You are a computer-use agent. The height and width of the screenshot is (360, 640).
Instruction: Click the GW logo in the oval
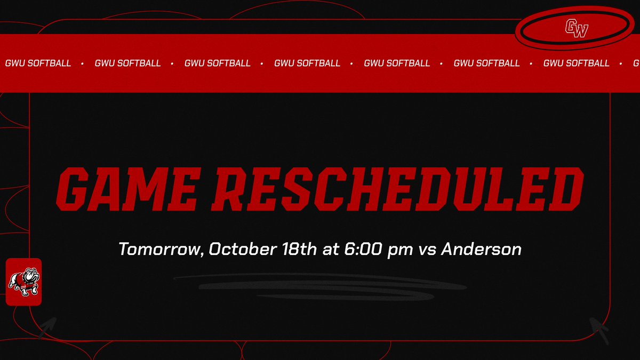pyautogui.click(x=577, y=28)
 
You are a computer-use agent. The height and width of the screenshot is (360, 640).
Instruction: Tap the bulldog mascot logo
pyautogui.click(x=23, y=282)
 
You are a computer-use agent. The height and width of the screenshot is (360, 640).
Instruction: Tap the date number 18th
pyautogui.click(x=301, y=249)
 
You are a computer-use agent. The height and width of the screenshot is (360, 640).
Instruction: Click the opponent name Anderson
pyautogui.click(x=482, y=249)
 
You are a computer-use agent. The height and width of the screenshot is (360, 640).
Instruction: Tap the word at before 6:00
pyautogui.click(x=331, y=249)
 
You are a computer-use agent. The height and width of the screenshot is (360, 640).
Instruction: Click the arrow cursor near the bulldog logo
pyautogui.click(x=49, y=326)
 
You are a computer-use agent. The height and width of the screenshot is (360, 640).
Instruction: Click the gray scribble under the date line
pyautogui.click(x=320, y=286)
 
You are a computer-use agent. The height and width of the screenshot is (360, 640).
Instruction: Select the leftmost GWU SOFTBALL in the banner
pyautogui.click(x=38, y=63)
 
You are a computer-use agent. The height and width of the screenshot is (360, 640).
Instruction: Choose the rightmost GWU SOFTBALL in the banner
pyautogui.click(x=576, y=63)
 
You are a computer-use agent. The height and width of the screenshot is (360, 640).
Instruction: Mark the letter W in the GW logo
pyautogui.click(x=581, y=30)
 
